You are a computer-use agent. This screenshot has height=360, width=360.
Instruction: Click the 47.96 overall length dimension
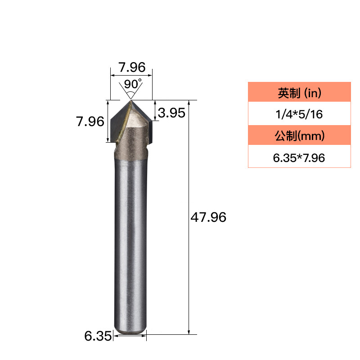point(208,217)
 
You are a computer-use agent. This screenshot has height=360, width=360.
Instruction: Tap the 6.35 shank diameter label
point(98,336)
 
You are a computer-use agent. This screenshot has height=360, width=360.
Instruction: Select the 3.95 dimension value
point(171,113)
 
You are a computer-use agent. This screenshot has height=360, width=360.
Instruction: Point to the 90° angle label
point(133,84)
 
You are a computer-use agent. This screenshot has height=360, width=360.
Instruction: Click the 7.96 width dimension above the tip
point(132,67)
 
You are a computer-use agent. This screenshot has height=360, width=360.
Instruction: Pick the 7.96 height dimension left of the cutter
point(90,121)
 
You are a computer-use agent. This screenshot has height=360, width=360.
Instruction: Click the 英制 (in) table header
point(299,93)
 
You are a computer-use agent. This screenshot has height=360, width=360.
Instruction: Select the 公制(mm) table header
point(299,135)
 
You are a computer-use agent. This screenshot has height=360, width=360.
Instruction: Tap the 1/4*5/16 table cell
point(299,114)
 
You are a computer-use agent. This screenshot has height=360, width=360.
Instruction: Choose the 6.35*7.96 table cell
point(299,158)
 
